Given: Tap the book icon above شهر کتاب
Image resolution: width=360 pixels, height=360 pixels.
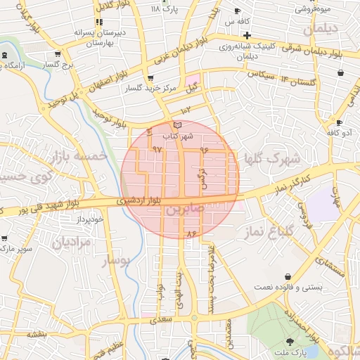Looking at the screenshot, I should click(176, 124).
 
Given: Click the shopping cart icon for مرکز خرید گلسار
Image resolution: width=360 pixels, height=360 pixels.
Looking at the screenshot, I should click(150, 78).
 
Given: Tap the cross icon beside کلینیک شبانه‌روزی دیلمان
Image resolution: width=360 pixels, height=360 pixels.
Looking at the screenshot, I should click(246, 35).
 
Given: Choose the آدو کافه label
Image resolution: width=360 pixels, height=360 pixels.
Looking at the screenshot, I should click(338, 132).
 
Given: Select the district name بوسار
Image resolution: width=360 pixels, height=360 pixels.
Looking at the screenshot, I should click(117, 261).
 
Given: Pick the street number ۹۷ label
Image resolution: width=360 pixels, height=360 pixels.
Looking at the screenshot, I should click(157, 149).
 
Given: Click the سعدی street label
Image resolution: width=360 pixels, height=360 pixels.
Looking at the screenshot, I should click(161, 320).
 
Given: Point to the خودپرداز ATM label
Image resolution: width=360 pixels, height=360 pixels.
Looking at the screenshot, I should click(91, 219).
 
